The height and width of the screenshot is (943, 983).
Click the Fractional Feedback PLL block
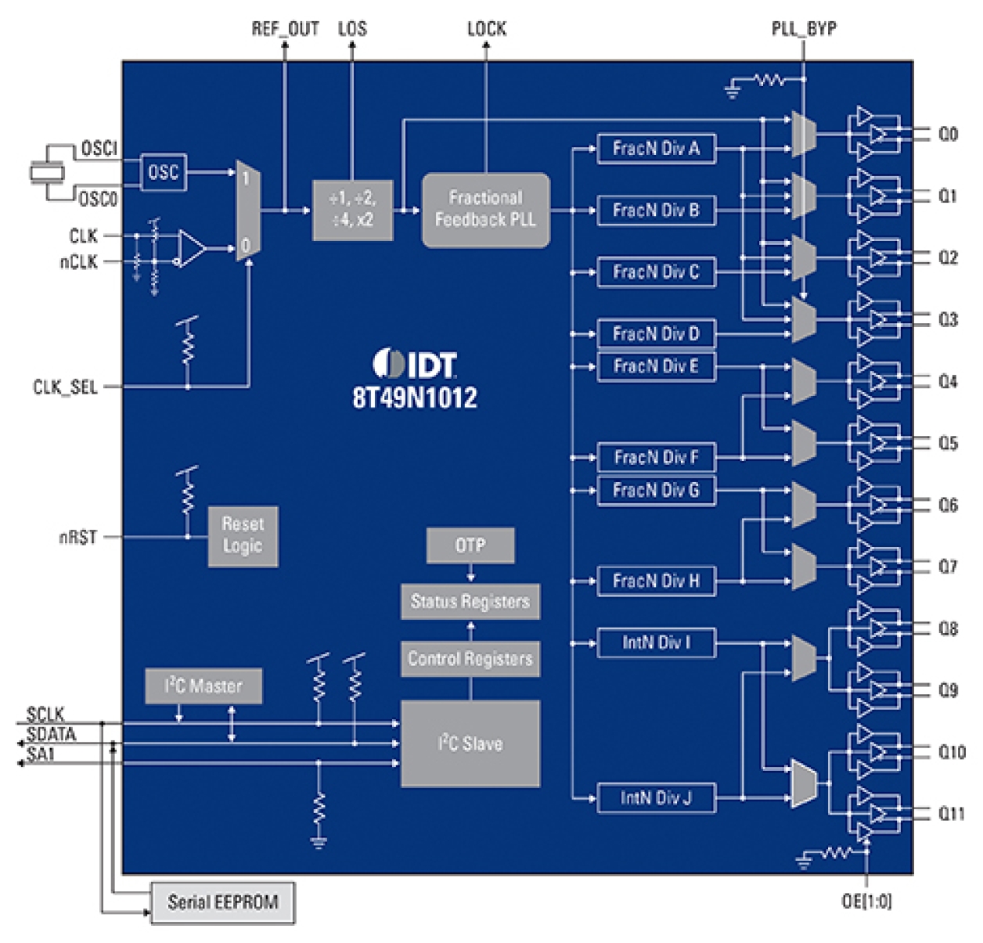tap(485, 210)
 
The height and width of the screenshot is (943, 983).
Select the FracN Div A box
tap(656, 149)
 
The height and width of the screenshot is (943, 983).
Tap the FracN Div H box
tap(656, 581)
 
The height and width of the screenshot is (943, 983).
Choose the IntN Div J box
tap(656, 798)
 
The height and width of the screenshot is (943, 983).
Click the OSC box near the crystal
tap(164, 172)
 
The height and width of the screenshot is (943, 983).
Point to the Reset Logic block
tap(243, 535)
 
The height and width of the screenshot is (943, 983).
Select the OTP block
tap(470, 545)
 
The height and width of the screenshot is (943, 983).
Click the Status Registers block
tap(470, 602)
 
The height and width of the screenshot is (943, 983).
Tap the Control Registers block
tap(470, 659)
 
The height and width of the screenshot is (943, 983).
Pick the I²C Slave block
tap(470, 743)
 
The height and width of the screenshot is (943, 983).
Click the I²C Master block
tap(203, 686)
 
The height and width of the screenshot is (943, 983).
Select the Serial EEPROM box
tap(223, 902)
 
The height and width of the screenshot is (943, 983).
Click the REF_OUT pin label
tap(285, 29)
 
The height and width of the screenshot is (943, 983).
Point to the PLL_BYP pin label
tap(804, 29)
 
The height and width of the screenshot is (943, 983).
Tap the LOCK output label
tap(486, 29)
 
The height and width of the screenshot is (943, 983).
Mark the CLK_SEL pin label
tap(65, 387)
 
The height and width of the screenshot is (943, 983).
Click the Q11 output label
tap(952, 814)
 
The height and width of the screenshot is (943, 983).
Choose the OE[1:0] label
tap(866, 902)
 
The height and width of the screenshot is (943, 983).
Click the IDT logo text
tap(416, 365)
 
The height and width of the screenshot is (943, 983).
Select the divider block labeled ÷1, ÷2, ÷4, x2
tap(352, 210)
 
